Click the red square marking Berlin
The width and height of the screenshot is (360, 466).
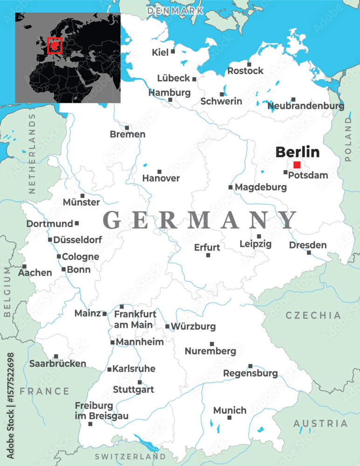(297, 164)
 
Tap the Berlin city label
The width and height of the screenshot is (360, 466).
(298, 152)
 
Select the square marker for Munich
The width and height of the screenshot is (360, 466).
(229, 418)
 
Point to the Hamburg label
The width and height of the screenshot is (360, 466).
(169, 92)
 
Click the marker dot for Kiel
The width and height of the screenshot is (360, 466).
(173, 51)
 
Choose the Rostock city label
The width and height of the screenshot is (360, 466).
(245, 71)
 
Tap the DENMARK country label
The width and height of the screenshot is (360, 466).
(175, 10)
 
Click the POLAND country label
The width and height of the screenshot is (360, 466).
(348, 139)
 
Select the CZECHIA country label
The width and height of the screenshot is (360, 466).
(313, 315)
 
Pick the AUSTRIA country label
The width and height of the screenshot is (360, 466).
(320, 424)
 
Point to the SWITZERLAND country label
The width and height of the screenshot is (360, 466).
(130, 457)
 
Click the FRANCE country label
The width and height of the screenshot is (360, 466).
(44, 391)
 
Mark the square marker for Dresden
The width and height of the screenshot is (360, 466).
(309, 253)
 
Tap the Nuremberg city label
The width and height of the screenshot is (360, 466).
(210, 351)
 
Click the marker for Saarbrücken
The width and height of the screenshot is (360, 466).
(56, 356)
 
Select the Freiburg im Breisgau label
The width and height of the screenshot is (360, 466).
(101, 411)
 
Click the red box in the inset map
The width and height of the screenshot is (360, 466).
(55, 46)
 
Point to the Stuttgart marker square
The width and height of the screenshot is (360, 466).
(139, 382)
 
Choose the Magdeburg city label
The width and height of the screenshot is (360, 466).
(261, 187)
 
